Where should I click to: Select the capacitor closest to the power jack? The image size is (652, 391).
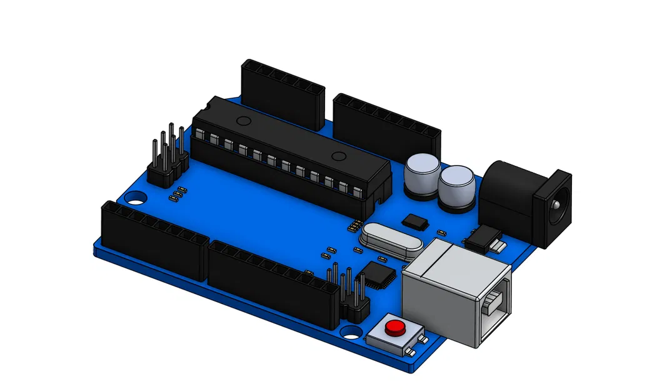(x=456, y=186)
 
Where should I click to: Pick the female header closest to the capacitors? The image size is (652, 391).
(x=388, y=128)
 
